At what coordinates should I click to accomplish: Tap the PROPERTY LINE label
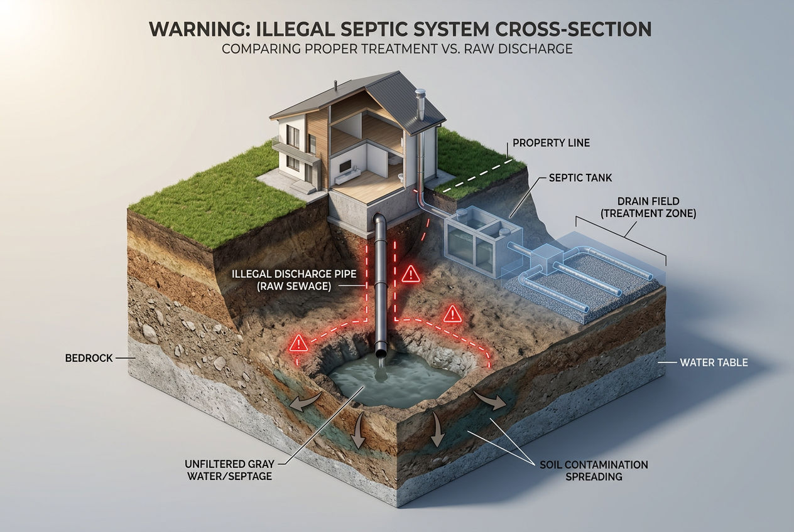(x=551, y=143)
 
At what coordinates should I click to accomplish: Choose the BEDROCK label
(x=89, y=358)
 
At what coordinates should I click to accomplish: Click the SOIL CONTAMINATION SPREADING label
(x=594, y=471)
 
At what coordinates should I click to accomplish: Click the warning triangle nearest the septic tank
(x=410, y=274)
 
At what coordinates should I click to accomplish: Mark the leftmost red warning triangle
(x=299, y=343)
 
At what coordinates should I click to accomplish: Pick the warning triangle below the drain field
(x=452, y=314)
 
